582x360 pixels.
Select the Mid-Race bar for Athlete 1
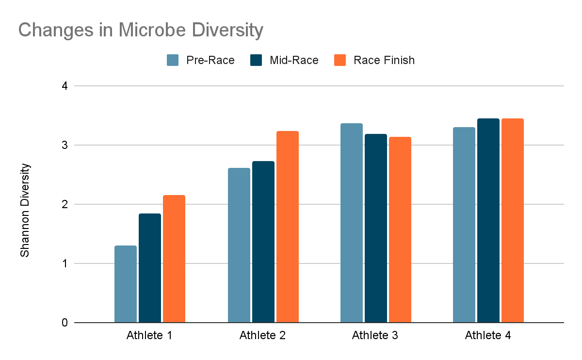tap(150, 268)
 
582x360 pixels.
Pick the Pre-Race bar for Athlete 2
tap(239, 245)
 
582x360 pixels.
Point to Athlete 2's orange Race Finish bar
tap(288, 227)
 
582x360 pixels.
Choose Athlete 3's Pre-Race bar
tap(352, 223)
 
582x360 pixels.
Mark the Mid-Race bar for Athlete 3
tap(376, 228)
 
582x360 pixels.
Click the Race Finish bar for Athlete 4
tap(513, 220)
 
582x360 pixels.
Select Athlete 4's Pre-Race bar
tap(464, 225)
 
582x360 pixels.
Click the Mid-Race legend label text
tap(297, 60)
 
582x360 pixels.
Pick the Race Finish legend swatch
tap(340, 60)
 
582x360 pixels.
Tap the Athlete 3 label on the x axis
tap(375, 336)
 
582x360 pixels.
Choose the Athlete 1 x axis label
tap(149, 336)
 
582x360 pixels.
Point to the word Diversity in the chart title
tap(228, 30)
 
